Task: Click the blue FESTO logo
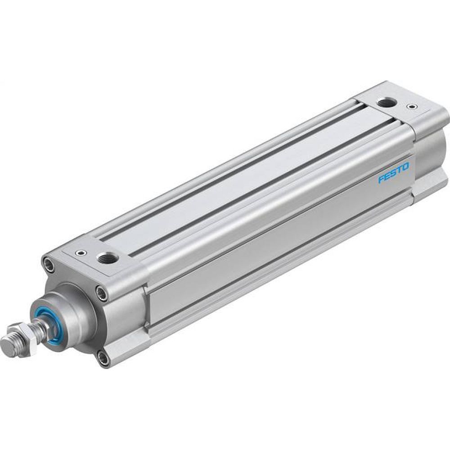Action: point(394,173)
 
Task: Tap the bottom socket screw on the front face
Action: point(104,358)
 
